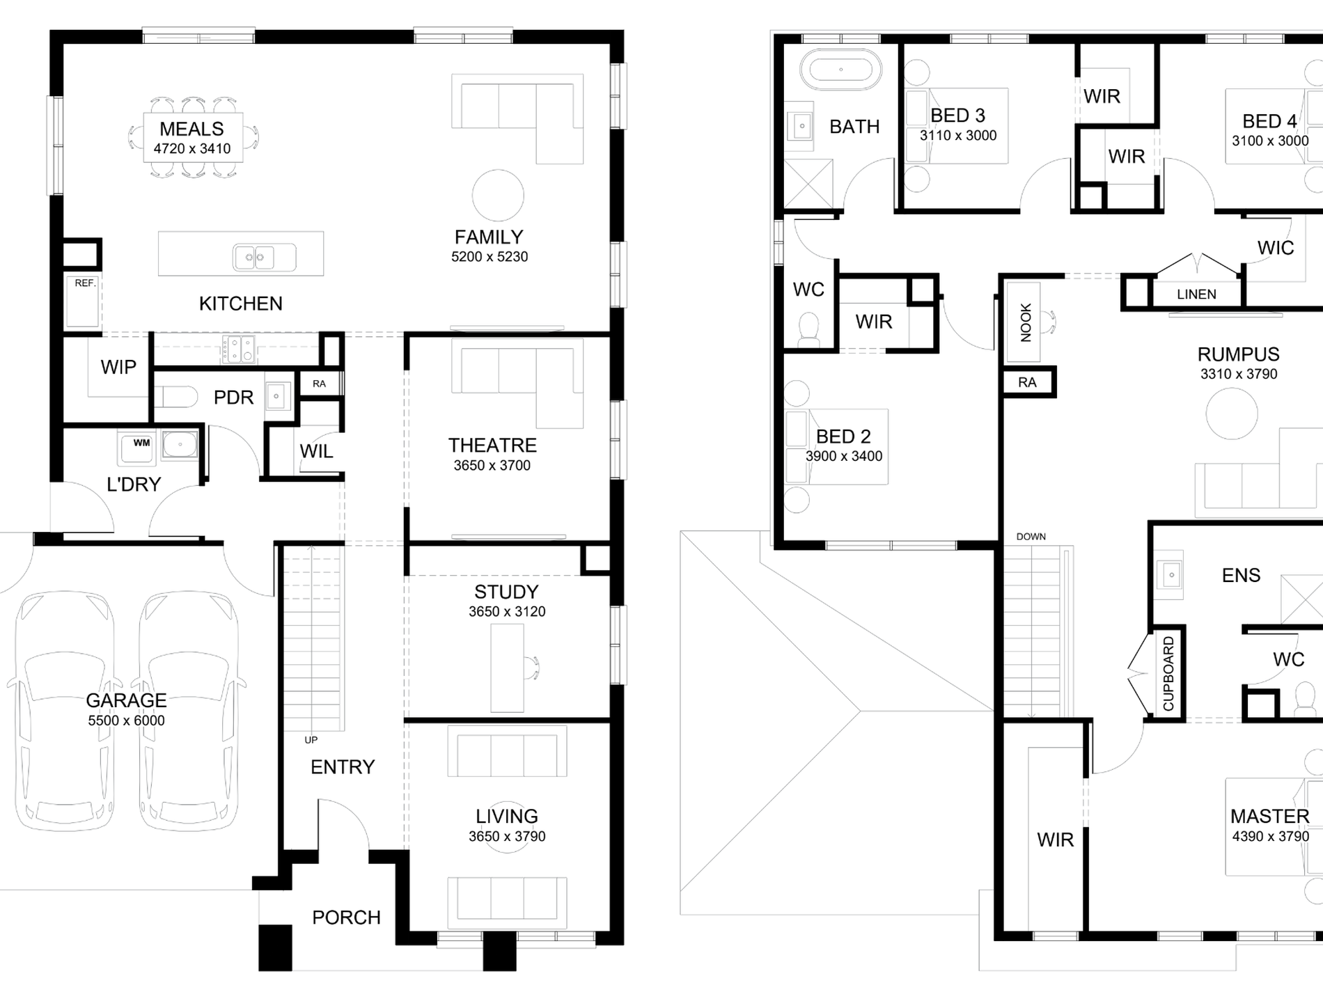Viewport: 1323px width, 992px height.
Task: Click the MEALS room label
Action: [191, 129]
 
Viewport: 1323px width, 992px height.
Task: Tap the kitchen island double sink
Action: [264, 257]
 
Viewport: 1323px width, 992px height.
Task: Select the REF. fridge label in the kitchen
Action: [85, 283]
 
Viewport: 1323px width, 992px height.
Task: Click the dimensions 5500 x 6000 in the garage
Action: [126, 721]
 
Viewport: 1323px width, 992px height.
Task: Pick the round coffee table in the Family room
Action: [498, 196]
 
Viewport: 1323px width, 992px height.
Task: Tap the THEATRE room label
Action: [492, 446]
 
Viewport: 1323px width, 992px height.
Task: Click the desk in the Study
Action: [507, 668]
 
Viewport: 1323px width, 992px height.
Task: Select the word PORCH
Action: [346, 918]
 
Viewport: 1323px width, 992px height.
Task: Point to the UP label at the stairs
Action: [311, 740]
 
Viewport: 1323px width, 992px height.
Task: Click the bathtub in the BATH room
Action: [840, 70]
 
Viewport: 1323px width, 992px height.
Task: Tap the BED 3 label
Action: [957, 116]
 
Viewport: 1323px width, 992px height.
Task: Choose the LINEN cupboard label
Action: [1196, 294]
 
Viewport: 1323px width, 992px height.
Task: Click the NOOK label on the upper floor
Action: [1026, 323]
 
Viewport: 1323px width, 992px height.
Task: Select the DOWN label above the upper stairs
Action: [1031, 537]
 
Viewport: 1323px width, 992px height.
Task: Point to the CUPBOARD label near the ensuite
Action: [1168, 674]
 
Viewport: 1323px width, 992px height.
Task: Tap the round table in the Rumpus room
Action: [1232, 413]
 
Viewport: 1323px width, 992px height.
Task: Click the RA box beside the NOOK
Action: [1028, 382]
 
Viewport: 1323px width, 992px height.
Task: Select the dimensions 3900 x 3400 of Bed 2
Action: [844, 457]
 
